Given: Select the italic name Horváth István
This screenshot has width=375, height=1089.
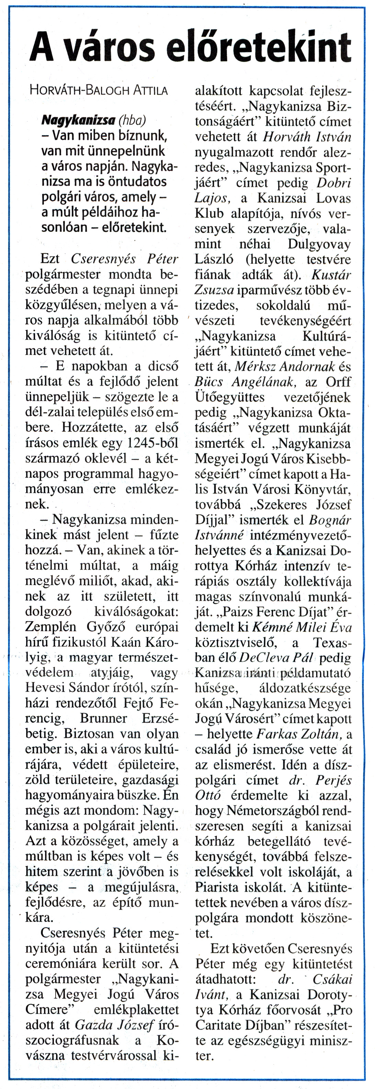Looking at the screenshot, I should (x=307, y=137).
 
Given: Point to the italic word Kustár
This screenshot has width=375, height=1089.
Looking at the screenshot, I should (x=331, y=275).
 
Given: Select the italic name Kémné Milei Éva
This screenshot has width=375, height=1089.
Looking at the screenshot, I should (x=302, y=627).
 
